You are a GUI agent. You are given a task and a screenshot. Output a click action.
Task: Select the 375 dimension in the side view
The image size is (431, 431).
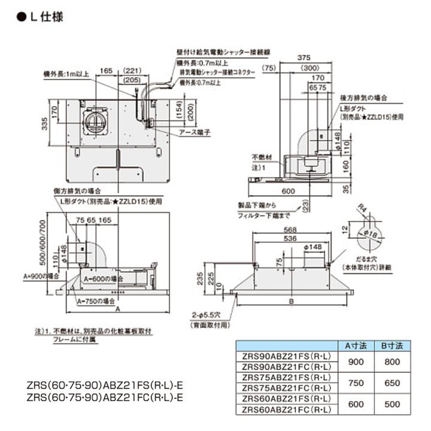pyautogui.click(x=306, y=58)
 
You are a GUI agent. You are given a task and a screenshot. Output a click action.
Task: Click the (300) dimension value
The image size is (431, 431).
pyautogui.click(x=309, y=69)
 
